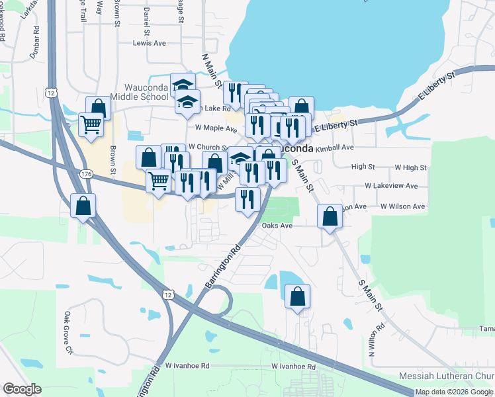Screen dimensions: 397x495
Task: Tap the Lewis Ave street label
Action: [149, 43]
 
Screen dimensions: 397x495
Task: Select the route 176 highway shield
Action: [85, 173]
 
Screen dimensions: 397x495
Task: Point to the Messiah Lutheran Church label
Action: [447, 376]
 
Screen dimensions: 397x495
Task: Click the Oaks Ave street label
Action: [277, 226]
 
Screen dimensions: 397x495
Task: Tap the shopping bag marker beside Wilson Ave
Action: [330, 216]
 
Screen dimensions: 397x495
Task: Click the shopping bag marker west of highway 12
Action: [83, 206]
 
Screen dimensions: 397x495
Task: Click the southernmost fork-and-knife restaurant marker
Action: [247, 198]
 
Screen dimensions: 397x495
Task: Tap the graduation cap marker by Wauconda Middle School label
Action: [183, 84]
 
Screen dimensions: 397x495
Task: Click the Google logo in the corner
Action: [22, 389]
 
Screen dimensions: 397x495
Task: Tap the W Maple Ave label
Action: [216, 128]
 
